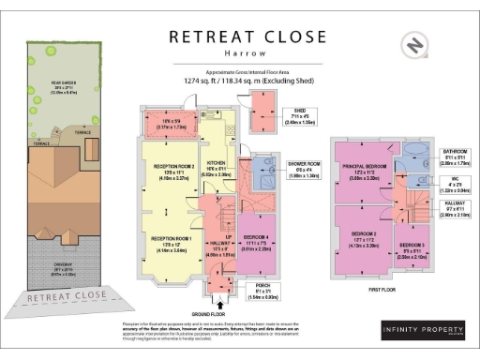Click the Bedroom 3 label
pos(411,250)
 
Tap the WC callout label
pos(455,184)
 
